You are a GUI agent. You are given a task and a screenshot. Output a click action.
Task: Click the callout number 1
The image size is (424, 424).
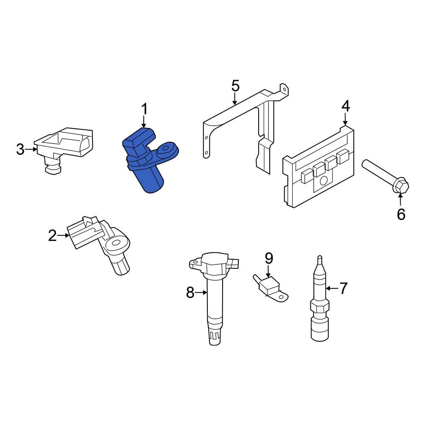coord(144,109)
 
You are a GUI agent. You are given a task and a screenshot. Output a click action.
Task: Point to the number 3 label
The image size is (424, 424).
coord(20,149)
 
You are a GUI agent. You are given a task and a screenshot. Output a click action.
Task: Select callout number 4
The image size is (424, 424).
coord(346,106)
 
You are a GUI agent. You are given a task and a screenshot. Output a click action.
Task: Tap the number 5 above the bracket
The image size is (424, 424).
coord(235,86)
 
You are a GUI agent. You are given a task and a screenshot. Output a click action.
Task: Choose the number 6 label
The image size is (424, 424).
coord(401,215)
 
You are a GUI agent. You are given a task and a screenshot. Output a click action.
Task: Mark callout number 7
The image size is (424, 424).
coord(343,288)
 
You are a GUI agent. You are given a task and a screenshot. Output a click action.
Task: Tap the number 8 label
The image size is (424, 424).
coord(190,292)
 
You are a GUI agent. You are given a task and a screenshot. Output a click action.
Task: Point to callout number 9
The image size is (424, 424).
coord(269,257)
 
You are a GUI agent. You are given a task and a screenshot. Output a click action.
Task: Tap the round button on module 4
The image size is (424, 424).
coord(323,181)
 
